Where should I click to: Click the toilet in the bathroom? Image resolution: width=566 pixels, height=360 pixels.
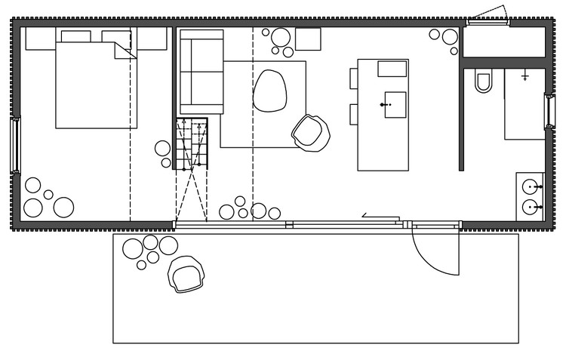coord(484,81)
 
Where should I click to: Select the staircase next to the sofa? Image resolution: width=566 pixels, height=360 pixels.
coord(192,143)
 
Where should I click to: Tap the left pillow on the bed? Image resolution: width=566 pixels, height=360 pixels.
coord(75,36)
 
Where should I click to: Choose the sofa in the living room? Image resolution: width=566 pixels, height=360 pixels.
coord(201,72)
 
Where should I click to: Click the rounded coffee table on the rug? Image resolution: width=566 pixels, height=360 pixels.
coord(269,90)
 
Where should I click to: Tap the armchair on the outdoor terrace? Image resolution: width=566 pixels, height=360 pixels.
coord(186,273)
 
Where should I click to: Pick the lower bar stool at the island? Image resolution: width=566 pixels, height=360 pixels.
coord(353,113)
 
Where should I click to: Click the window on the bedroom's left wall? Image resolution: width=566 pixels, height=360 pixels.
coord(14,145)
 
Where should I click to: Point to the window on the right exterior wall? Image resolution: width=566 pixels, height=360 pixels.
coord(549,110)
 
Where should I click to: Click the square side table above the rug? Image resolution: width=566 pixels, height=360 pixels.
coord(308,38)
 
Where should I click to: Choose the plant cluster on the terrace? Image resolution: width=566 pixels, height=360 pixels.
coord(149,250)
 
